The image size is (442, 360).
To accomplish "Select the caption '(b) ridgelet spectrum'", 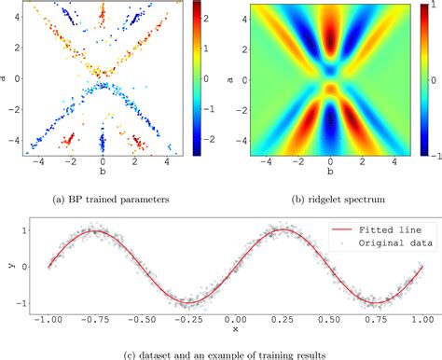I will (x=322, y=194).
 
